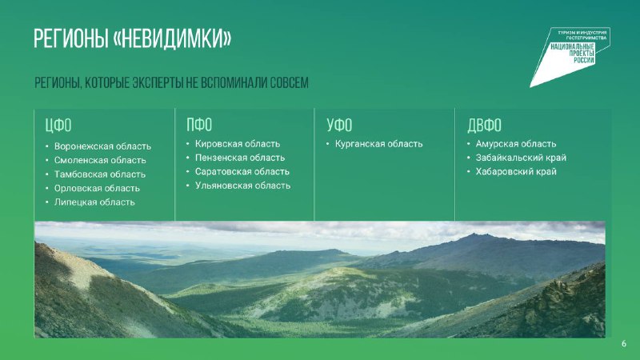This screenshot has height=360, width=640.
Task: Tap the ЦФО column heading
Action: pyautogui.click(x=58, y=126)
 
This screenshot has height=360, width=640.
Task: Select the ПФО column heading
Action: pyautogui.click(x=199, y=125)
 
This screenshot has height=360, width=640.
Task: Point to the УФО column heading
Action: pyautogui.click(x=339, y=125)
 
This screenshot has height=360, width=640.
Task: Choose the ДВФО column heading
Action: pyautogui.click(x=485, y=126)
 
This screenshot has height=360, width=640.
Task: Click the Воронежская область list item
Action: pyautogui.click(x=102, y=146)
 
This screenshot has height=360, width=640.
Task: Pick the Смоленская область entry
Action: pyautogui.click(x=100, y=160)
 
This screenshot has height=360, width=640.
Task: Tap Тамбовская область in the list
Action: pyautogui.click(x=99, y=174)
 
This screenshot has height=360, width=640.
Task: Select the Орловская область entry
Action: pyautogui.click(x=97, y=188)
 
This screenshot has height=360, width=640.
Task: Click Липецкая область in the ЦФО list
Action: pyautogui.click(x=94, y=202)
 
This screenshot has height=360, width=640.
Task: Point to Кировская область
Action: pyautogui.click(x=238, y=144)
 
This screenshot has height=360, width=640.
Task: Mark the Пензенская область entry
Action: pyautogui.click(x=240, y=158)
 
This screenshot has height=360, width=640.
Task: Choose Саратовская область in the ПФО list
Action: pyautogui.click(x=242, y=171)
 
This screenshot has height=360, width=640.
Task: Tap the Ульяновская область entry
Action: pyautogui.click(x=243, y=186)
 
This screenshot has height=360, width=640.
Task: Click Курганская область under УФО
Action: pyautogui.click(x=378, y=144)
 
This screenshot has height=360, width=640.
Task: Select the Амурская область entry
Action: pyautogui.click(x=516, y=144)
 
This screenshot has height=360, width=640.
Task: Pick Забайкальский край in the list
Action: pyautogui.click(x=521, y=158)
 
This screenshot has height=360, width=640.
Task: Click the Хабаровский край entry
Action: pyautogui.click(x=516, y=171)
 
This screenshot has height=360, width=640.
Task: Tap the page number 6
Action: pyautogui.click(x=624, y=344)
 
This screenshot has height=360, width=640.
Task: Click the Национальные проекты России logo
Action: pyautogui.click(x=571, y=55)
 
